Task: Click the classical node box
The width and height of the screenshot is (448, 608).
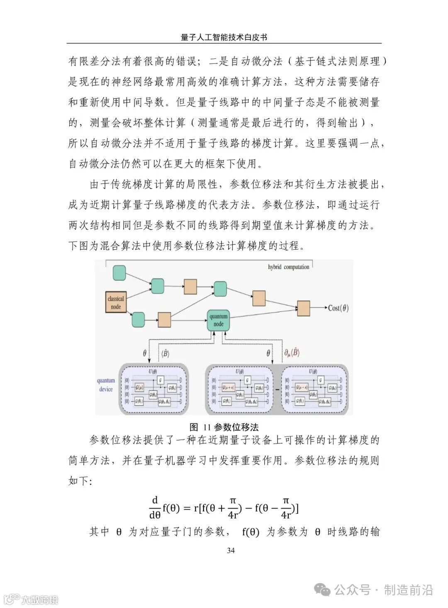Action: click(x=116, y=302)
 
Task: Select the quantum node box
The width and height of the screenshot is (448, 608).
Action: click(x=219, y=320)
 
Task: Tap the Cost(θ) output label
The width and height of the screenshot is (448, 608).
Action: click(x=338, y=308)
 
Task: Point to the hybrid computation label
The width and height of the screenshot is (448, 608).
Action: click(x=288, y=267)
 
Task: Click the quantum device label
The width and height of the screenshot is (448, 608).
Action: click(x=106, y=384)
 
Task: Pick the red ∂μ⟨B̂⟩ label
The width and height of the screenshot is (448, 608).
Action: click(x=292, y=353)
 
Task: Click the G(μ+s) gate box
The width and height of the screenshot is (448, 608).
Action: click(x=229, y=388)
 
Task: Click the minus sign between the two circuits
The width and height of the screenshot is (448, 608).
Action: click(x=277, y=389)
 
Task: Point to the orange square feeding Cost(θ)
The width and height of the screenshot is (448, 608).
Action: click(x=303, y=308)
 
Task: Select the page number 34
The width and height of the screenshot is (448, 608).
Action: click(x=231, y=550)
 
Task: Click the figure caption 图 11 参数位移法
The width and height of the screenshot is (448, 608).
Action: click(x=224, y=427)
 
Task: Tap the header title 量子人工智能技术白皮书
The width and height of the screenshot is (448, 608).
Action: click(x=224, y=37)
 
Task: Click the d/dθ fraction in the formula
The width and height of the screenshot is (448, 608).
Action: click(x=155, y=508)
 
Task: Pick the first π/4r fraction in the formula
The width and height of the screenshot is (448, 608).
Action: click(x=233, y=508)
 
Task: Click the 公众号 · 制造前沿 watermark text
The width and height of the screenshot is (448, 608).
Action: click(x=384, y=590)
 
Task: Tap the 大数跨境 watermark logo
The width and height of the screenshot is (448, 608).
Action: click(x=31, y=599)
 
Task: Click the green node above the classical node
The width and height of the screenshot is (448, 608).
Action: click(x=119, y=272)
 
